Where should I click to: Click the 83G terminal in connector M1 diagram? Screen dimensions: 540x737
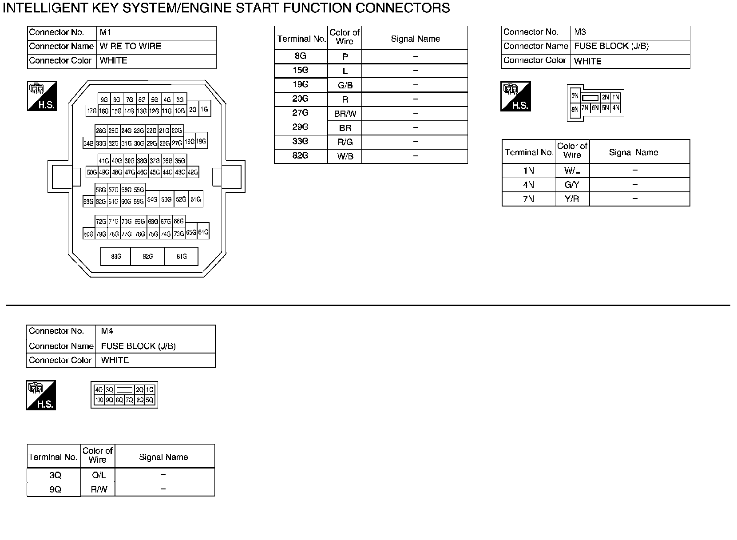point(116,257)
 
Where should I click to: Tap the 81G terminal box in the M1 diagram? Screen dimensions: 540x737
point(181,257)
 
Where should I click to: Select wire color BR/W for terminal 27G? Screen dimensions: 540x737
point(345,114)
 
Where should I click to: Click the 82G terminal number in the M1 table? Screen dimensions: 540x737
point(300,156)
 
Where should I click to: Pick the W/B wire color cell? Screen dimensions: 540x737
point(345,156)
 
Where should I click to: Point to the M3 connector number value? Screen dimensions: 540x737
point(580,32)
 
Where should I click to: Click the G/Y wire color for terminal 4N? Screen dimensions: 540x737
point(572,185)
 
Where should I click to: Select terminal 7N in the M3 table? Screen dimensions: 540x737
point(528,199)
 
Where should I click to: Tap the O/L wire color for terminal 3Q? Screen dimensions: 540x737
point(98,475)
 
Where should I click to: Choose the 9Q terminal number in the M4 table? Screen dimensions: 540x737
point(55,489)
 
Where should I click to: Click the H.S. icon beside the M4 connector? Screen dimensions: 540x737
point(41,395)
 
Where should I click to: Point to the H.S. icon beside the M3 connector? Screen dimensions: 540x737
point(515,96)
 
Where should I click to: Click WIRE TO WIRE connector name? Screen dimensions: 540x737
point(130,46)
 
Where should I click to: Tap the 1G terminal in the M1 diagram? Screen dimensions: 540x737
point(204,109)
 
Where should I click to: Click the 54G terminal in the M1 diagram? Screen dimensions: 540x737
point(152,200)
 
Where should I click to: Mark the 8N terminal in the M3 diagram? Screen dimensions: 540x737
point(575,109)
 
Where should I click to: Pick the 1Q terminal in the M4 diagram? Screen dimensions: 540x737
point(150,390)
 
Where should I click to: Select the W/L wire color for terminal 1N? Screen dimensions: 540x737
point(572,171)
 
